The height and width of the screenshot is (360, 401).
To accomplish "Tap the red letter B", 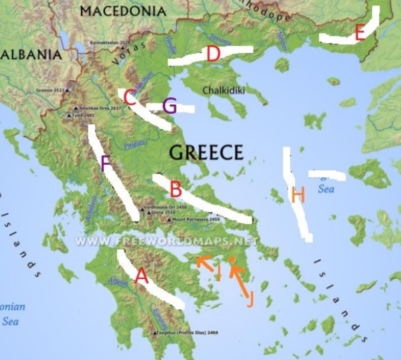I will coord(176,190).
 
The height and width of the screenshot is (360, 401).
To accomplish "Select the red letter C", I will coord(130,95).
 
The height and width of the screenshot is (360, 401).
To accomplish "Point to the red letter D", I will coord(213,54).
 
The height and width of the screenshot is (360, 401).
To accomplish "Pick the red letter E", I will coord(360,33).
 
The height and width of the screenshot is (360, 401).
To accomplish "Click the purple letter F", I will coord(106,163).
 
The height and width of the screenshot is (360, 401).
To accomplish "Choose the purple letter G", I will coord(170,107).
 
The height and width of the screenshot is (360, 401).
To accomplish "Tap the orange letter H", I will coord(298,194).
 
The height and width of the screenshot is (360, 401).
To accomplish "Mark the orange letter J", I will coord(250,300).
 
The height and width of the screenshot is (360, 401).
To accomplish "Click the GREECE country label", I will coord(206,152).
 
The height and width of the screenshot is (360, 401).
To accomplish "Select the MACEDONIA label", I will coord(123,11).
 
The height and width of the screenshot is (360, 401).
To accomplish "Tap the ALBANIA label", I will coord(31,54).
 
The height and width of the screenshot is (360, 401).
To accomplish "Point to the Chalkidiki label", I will coord(224,91).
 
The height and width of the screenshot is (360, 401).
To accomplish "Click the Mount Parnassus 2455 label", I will coord(196,219).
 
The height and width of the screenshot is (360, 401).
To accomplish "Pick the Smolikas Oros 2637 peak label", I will coord(101,108).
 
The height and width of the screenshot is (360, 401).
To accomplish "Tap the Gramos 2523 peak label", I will coord(51,90).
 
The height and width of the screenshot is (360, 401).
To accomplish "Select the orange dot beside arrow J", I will coord(231,260).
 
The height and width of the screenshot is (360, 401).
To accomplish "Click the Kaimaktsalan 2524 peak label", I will coord(109,42).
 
